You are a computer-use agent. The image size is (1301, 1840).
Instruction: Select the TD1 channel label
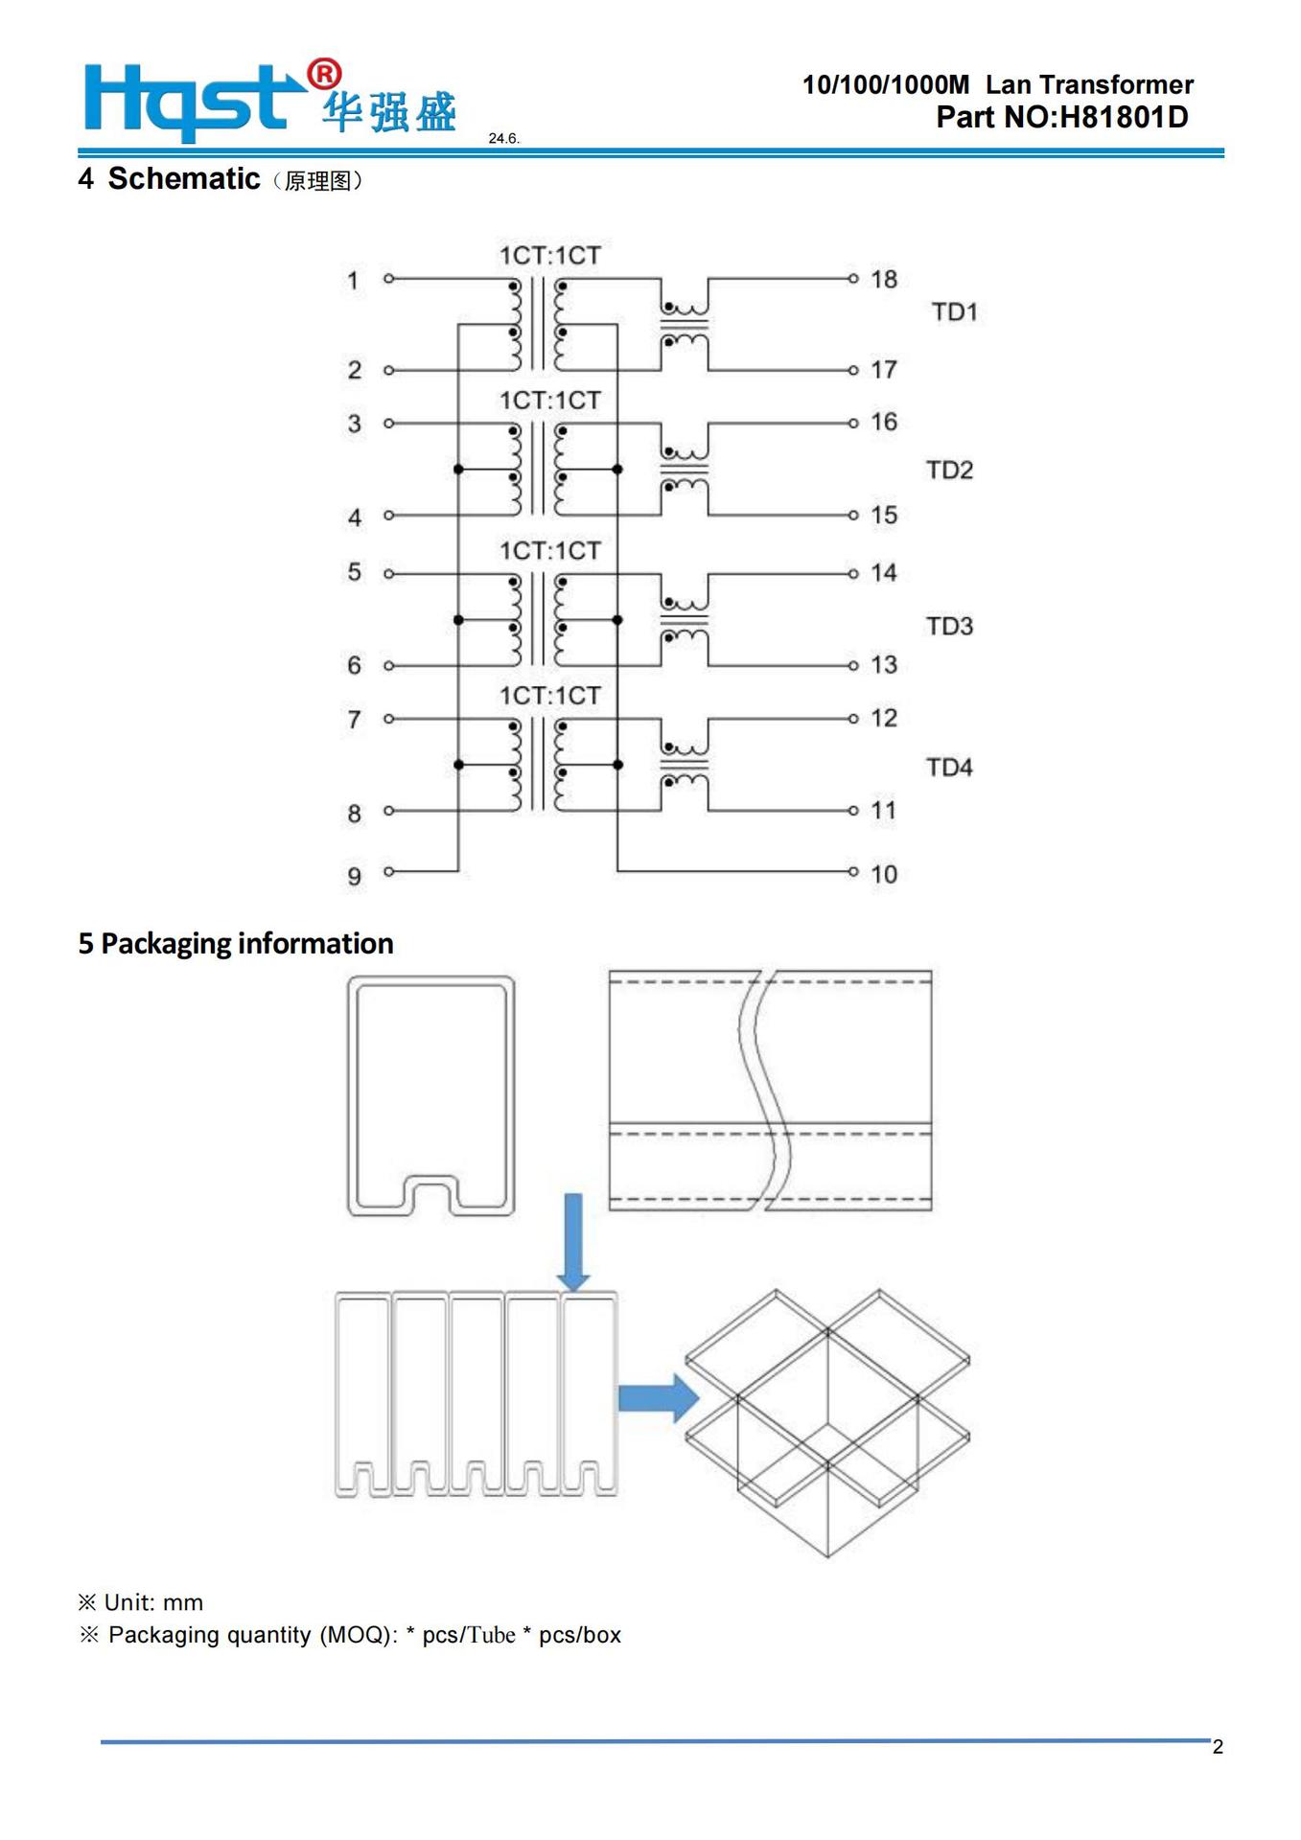tap(954, 312)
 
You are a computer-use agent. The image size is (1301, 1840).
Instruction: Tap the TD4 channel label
tap(949, 768)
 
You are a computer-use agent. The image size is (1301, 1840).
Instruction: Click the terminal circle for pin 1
tap(388, 279)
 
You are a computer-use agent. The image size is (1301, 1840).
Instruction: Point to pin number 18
tap(883, 279)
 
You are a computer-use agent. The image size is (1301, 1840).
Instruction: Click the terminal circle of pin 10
tap(852, 872)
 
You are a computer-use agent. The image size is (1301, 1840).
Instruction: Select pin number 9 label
tap(355, 876)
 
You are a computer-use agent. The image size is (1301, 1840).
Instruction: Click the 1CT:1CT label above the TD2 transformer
tap(549, 401)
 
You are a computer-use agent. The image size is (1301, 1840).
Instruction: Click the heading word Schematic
tap(183, 179)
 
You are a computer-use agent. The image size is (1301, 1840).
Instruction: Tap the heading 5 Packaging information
tap(236, 943)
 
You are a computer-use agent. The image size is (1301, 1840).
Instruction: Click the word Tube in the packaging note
tap(492, 1635)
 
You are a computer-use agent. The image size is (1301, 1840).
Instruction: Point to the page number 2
tap(1218, 1747)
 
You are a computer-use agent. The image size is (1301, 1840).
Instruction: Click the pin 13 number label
tap(883, 664)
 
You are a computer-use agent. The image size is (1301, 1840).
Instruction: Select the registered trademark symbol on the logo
tap(324, 74)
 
